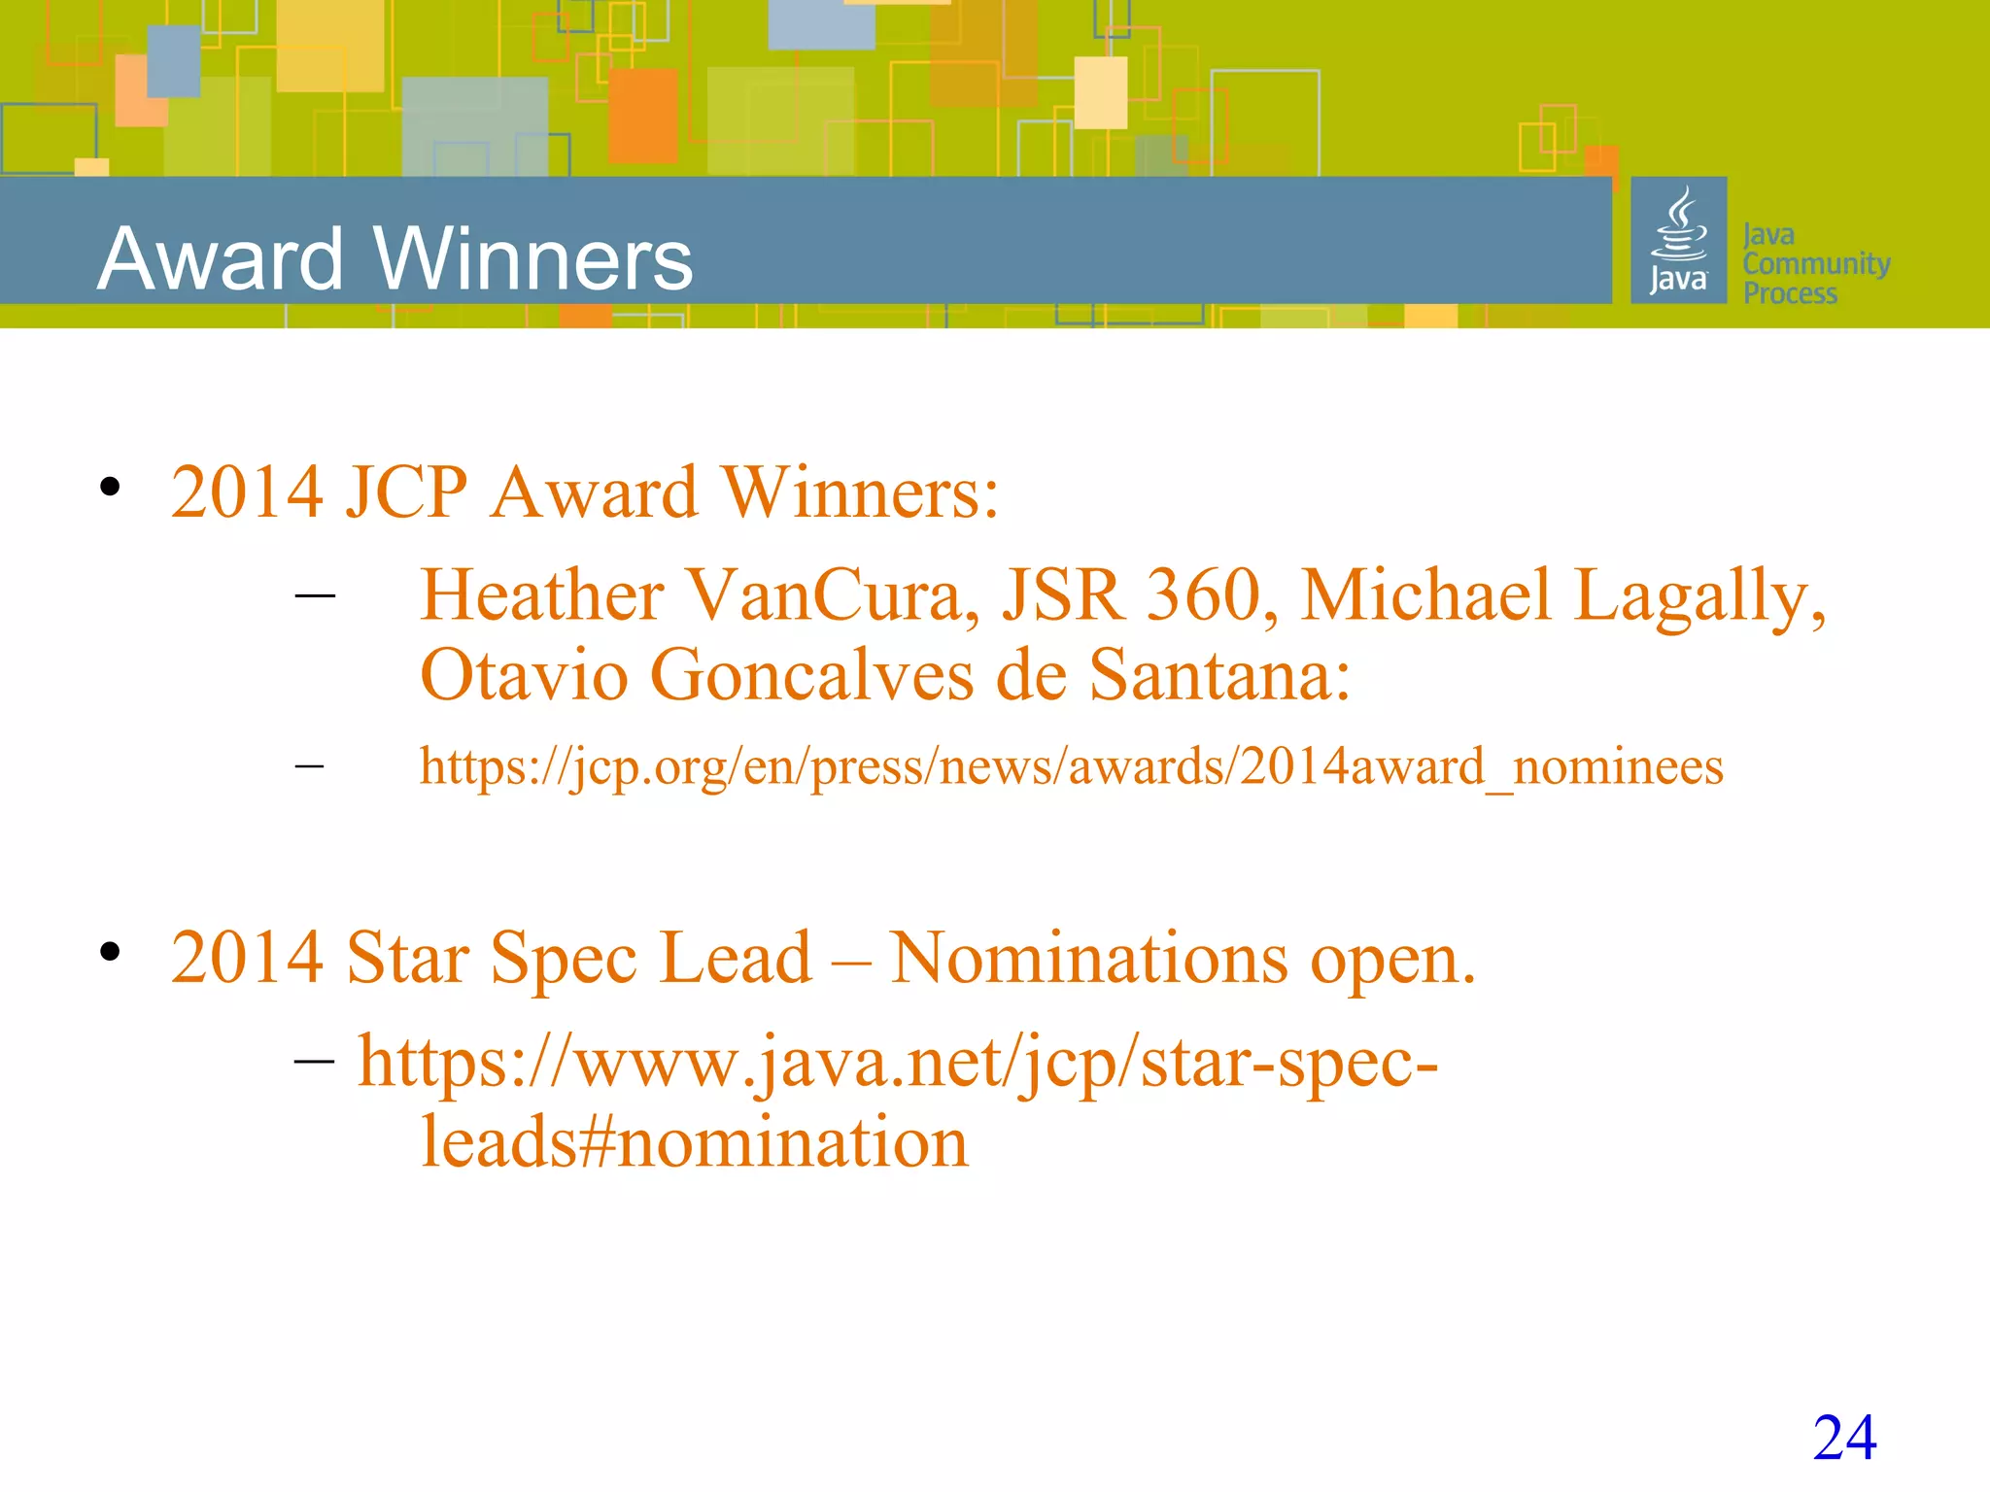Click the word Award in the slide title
coord(221,259)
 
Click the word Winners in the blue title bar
coord(533,259)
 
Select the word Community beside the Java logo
coord(1816,264)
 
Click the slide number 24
coord(1844,1437)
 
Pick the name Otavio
coord(524,675)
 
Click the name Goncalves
coord(811,675)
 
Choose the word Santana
coord(1218,675)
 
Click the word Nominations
coord(1089,959)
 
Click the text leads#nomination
coord(694,1142)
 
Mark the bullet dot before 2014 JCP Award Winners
coord(110,487)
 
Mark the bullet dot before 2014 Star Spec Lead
coord(110,952)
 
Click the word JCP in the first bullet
coord(406,492)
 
